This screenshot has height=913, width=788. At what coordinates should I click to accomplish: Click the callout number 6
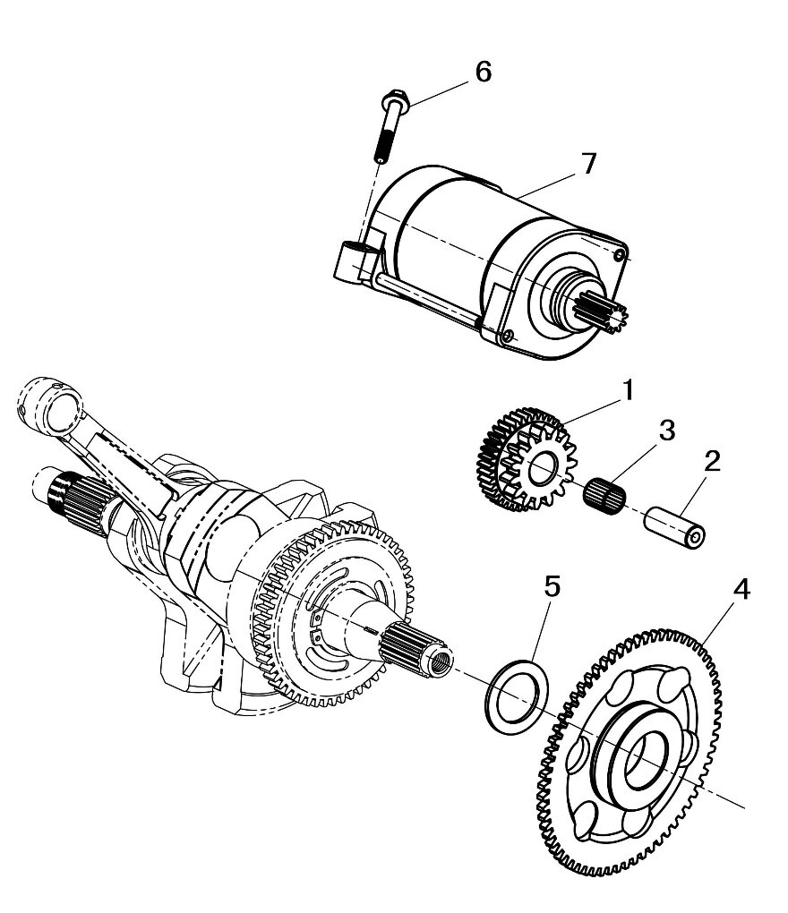point(483,72)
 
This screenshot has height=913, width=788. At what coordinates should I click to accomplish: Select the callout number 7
point(587,165)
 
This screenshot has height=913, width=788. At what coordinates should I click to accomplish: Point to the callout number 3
point(665,430)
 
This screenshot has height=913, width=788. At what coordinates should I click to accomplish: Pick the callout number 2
point(711,462)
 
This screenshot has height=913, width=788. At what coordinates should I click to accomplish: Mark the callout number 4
point(741,592)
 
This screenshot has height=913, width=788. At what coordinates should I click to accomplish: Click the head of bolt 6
point(394,99)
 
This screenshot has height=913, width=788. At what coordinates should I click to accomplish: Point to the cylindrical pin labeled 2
point(680,528)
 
